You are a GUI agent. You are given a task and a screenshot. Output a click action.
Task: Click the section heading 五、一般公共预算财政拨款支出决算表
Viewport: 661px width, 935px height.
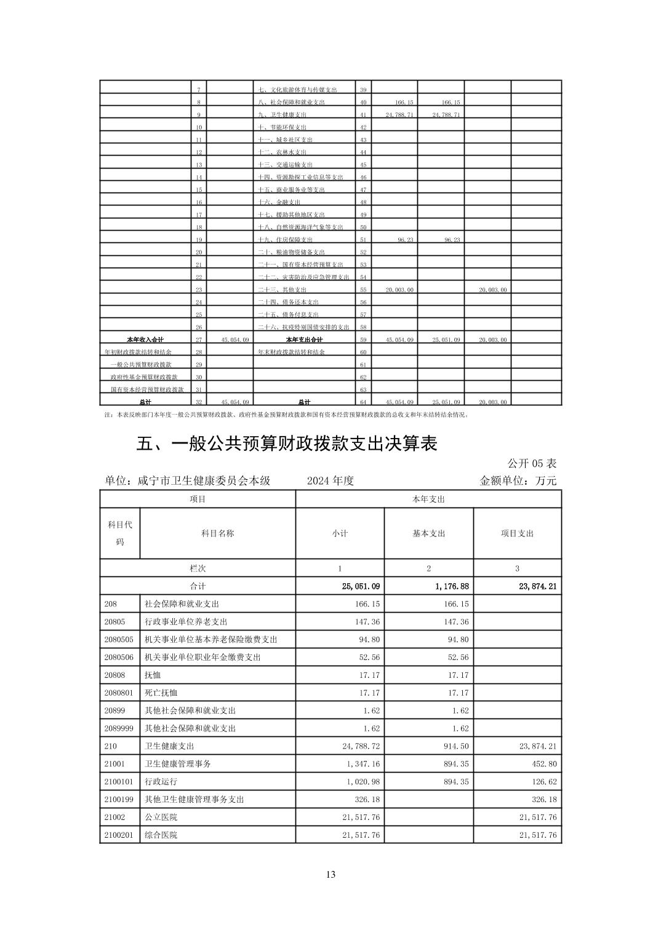[287, 444]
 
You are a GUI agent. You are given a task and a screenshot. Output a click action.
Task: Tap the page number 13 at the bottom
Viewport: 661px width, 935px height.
[330, 874]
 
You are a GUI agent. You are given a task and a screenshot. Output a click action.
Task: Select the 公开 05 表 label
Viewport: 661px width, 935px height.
[532, 463]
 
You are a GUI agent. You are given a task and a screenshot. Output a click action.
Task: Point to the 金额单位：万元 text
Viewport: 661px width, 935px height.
[518, 480]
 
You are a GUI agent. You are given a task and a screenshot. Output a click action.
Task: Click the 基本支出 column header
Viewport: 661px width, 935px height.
[428, 533]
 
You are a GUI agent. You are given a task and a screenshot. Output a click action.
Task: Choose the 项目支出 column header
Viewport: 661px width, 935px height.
[517, 533]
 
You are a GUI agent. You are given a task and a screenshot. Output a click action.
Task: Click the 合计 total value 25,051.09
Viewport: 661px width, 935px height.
[361, 586]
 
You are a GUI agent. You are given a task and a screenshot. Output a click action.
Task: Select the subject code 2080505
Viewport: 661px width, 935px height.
[119, 639]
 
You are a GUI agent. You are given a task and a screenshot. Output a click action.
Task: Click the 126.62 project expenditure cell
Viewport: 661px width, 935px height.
[542, 781]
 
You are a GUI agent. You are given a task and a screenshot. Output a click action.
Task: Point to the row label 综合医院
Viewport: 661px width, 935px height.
[161, 835]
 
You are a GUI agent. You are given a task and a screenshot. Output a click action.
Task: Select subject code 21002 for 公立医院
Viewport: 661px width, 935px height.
[115, 817]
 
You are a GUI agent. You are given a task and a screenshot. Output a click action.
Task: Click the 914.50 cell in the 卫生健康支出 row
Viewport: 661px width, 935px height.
[456, 746]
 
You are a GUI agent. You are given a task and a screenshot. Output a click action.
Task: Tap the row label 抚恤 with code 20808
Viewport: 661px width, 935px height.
[152, 675]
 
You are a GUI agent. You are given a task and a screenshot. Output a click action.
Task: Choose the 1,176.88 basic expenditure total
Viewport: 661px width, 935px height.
[452, 586]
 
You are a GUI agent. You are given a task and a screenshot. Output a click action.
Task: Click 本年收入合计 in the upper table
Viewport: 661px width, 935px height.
[145, 340]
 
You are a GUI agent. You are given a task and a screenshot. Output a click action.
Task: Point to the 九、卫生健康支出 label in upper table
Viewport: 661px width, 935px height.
[282, 115]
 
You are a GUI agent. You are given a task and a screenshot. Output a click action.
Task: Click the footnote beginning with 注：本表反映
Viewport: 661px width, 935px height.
[287, 415]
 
